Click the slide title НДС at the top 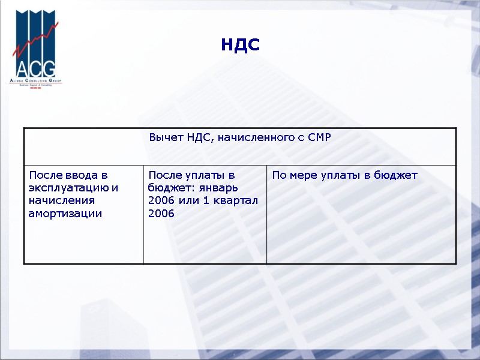point(240,44)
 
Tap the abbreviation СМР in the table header point(319,138)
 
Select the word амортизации point(65,213)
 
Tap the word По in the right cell point(279,175)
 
